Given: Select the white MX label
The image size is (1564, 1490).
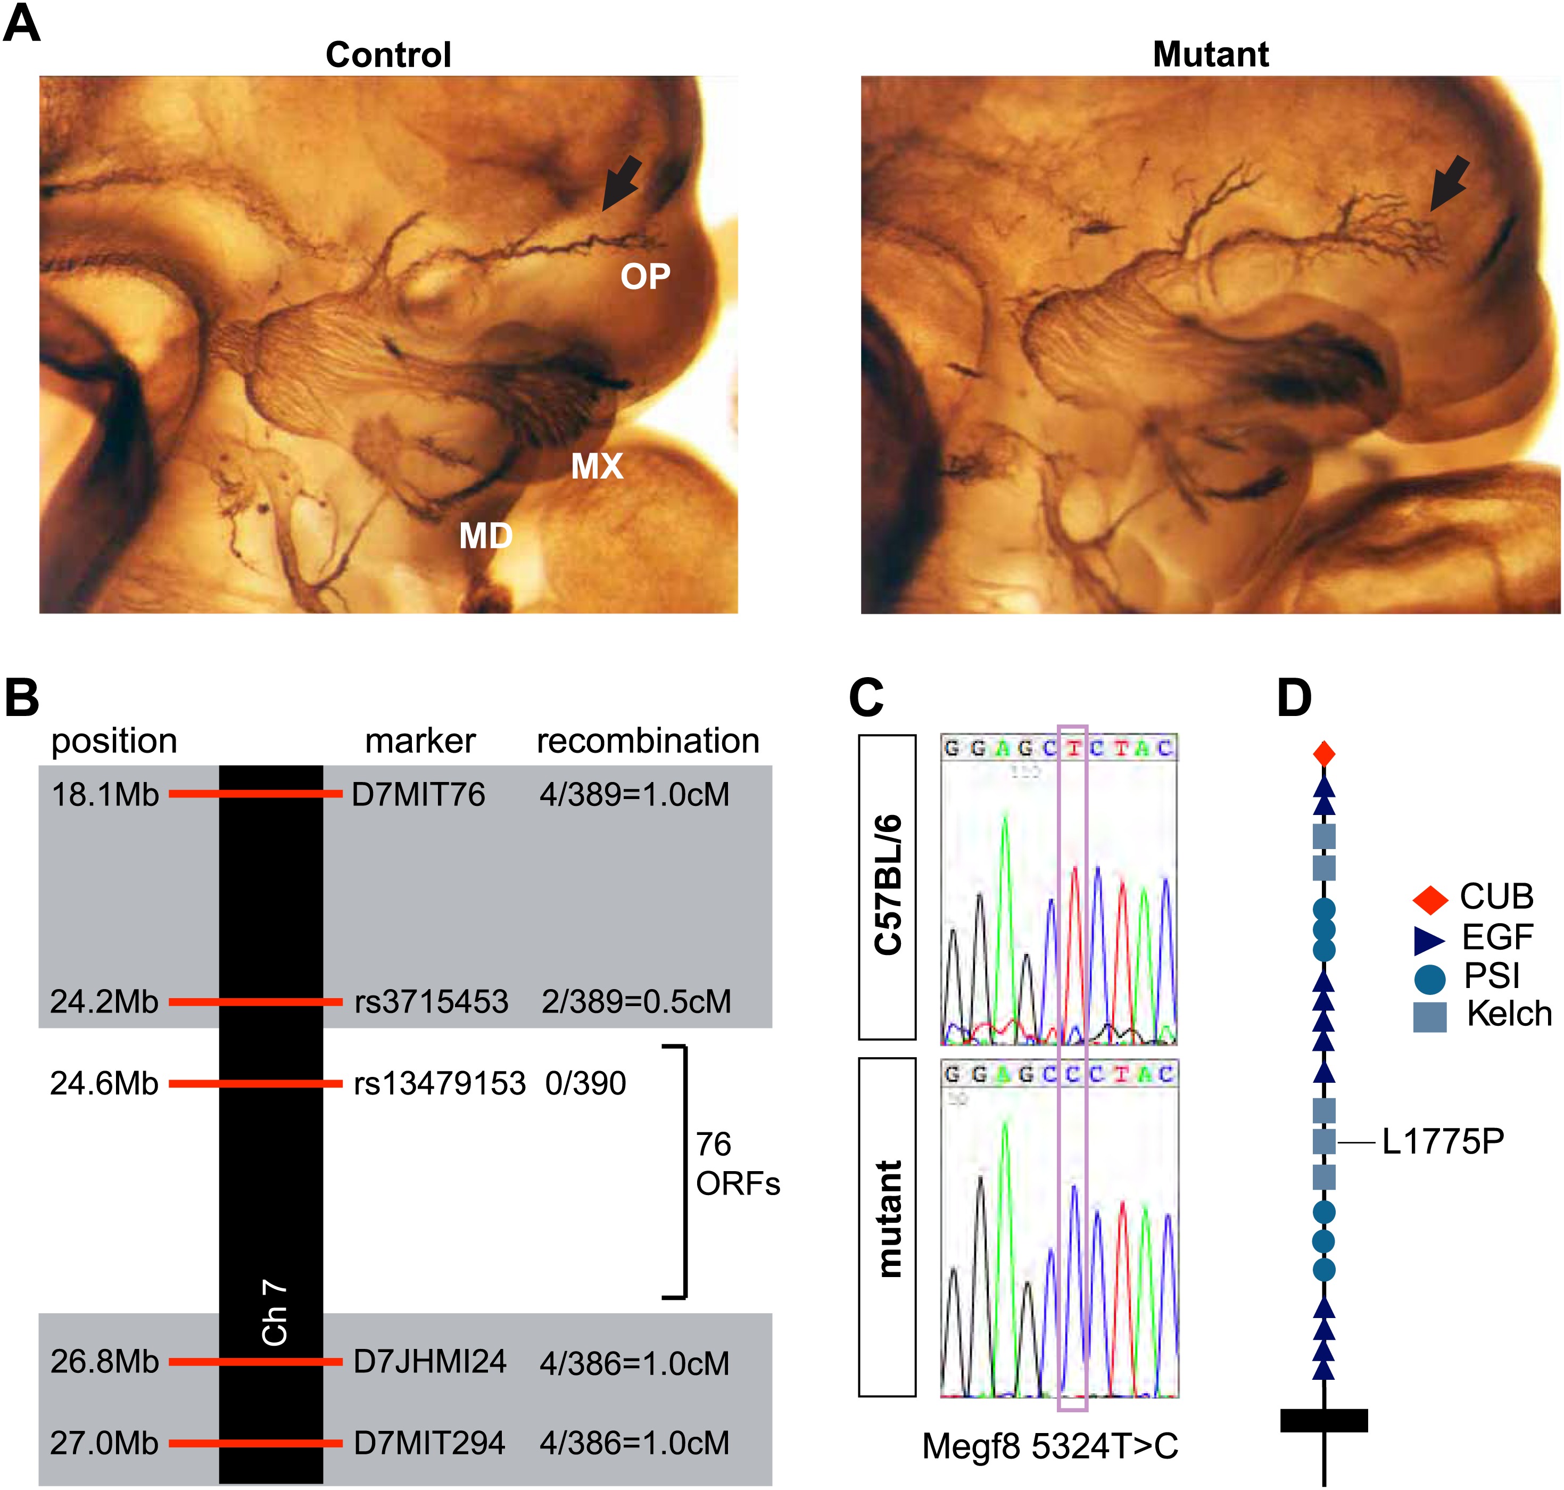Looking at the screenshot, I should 597,466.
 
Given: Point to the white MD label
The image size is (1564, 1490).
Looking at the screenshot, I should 485,536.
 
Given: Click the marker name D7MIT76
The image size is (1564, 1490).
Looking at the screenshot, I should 418,795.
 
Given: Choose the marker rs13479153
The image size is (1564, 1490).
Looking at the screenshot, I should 440,1083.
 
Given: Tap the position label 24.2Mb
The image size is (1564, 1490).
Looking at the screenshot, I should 104,1002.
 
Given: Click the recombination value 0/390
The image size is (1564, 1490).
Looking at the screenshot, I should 586,1083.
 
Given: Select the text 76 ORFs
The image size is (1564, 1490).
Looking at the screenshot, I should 736,1164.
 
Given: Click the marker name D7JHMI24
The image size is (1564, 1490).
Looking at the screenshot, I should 429,1362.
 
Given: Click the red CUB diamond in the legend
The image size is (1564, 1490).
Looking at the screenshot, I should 1430,900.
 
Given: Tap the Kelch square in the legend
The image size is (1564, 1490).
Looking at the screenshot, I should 1430,1017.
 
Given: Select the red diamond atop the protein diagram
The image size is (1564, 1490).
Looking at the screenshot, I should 1323,753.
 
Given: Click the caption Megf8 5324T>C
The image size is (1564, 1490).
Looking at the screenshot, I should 1049,1446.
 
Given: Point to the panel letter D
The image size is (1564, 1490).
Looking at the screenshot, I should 1294,697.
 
